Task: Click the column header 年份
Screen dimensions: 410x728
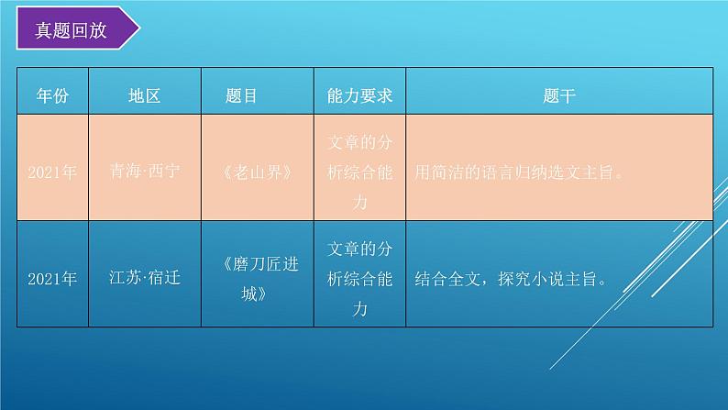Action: coord(52,95)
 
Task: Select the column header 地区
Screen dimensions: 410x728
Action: coord(145,95)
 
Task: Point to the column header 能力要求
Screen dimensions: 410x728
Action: coord(359,95)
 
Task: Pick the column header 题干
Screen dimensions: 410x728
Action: coord(558,95)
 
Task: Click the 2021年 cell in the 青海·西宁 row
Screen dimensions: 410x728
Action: coord(52,172)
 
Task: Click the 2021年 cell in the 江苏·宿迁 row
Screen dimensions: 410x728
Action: coord(52,278)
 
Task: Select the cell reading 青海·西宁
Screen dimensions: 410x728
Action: coord(145,172)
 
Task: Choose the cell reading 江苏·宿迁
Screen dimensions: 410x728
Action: coord(145,278)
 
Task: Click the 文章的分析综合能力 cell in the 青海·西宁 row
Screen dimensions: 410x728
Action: coord(359,172)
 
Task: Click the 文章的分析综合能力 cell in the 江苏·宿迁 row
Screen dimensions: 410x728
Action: coord(359,278)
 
